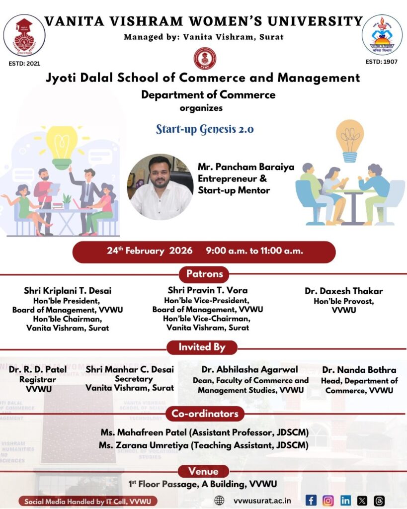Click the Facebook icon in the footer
coord(311,501)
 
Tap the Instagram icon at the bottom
coord(328,501)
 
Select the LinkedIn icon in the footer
coord(345,501)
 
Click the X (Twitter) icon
coord(362,501)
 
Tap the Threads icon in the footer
coord(379,501)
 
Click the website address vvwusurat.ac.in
coord(262,501)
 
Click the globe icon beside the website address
coord(219,501)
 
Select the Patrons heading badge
coord(204,274)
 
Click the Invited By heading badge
coord(202,347)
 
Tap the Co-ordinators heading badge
coord(205,414)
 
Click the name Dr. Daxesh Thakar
coord(344,291)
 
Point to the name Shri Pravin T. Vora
coord(208,290)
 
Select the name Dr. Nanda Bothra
coord(359,370)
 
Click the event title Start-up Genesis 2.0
coord(205,129)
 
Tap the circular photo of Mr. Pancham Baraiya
coord(160,187)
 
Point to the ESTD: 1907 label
coord(382,62)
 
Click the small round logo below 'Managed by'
coord(204,58)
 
